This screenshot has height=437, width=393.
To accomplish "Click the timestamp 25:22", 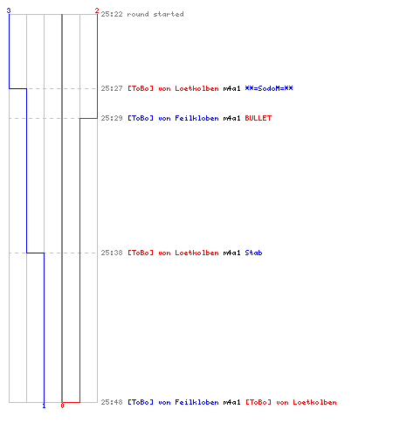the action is (x=112, y=14).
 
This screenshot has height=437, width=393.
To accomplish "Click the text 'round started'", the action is (x=155, y=14).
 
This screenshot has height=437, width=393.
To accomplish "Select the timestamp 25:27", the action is (x=112, y=88).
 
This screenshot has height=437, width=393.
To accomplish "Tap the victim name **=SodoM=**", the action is (x=269, y=88).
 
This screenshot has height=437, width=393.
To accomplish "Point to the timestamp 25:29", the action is (x=112, y=118).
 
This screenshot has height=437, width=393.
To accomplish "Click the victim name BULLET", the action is (x=259, y=118).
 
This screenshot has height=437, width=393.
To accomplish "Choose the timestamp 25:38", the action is (x=112, y=253).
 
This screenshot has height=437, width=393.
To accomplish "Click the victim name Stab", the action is (x=253, y=253).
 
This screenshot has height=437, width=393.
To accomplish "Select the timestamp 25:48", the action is (x=112, y=402).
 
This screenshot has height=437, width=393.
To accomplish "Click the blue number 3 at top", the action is (x=9, y=10).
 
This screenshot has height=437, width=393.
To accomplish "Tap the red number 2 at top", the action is (x=97, y=10).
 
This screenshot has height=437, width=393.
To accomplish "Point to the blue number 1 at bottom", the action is (x=44, y=406).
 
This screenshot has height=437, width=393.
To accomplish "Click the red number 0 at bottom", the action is (x=62, y=406).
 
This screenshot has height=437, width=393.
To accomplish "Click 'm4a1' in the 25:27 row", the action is (x=231, y=88).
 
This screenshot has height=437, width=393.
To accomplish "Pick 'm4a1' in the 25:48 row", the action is (x=231, y=402).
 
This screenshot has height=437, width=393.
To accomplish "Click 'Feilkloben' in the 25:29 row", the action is (x=196, y=118).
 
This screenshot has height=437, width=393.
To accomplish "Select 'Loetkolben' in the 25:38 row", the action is (x=196, y=253).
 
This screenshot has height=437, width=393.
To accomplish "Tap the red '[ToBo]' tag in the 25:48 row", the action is (x=259, y=402).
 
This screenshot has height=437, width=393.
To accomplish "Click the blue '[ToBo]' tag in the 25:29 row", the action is (x=141, y=118).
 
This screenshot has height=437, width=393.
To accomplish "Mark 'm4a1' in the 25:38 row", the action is (x=231, y=253).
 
